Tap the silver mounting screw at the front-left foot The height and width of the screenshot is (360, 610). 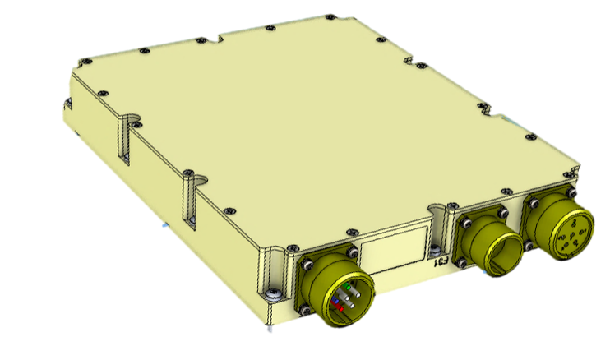(x=275, y=292)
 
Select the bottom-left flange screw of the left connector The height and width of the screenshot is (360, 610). (x=305, y=310)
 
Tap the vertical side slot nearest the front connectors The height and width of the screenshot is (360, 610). (x=190, y=196)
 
